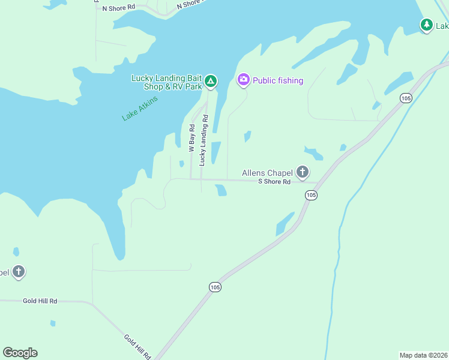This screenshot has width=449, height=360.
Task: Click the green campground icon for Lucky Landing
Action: (x=211, y=80)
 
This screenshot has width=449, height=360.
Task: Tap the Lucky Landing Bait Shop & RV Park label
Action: (x=167, y=82)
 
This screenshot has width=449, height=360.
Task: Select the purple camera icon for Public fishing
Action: (x=243, y=79)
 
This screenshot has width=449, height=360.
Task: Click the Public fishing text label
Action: (x=278, y=80)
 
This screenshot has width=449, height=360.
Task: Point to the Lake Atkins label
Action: (x=140, y=109)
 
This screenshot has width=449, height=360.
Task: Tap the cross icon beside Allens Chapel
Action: (x=302, y=172)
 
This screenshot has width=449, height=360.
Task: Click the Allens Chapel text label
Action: (x=267, y=173)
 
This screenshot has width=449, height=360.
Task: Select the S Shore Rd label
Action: (x=274, y=181)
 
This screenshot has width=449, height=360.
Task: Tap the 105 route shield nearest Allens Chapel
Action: (x=310, y=195)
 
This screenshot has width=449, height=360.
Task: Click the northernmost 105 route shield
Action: (x=406, y=97)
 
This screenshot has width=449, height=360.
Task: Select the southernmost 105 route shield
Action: (x=215, y=287)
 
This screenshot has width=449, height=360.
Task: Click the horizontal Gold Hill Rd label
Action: (x=40, y=301)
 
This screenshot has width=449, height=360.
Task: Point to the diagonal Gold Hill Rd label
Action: (x=137, y=347)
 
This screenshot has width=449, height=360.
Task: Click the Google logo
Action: (x=20, y=353)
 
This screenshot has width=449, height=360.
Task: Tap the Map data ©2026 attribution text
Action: (x=423, y=355)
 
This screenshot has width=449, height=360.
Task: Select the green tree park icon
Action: (x=426, y=25)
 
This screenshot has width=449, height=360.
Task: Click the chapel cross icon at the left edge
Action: (x=19, y=271)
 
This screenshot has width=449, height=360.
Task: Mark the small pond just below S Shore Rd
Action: (x=221, y=190)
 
